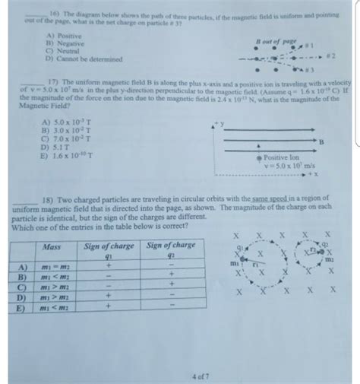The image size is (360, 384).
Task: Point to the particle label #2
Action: tap(331, 54)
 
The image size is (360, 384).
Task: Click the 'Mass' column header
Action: tap(52, 247)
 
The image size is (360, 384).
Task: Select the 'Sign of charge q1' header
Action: tap(107, 250)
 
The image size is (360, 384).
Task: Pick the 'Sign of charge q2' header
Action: tap(169, 250)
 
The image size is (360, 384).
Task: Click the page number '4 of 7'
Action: tap(202, 373)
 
